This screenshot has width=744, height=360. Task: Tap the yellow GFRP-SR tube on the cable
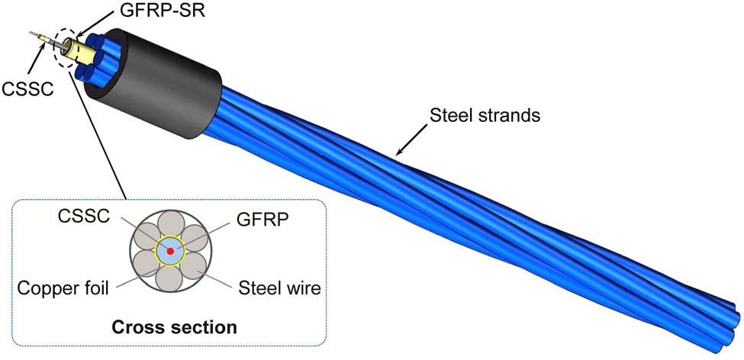81,53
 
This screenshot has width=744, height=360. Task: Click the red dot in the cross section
170,251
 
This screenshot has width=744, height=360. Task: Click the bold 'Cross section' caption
174,328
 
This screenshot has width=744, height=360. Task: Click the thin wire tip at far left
31,34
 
